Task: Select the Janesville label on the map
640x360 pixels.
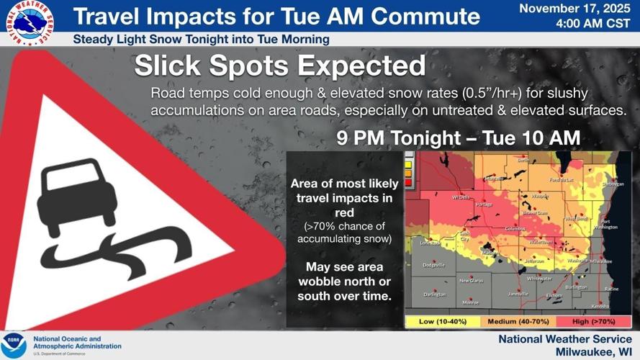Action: (x=518, y=294)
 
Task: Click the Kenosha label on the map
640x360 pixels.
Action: (x=600, y=306)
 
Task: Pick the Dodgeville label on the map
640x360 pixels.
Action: (x=433, y=266)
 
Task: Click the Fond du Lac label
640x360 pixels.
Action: (x=563, y=179)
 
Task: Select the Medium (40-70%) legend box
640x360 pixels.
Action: (x=509, y=321)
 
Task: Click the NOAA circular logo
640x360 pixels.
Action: (x=14, y=345)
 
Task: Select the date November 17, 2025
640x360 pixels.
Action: (x=576, y=9)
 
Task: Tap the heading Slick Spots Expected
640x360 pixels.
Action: (x=279, y=67)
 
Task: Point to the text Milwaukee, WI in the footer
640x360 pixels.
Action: (x=593, y=351)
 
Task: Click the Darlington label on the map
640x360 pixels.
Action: (x=435, y=294)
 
